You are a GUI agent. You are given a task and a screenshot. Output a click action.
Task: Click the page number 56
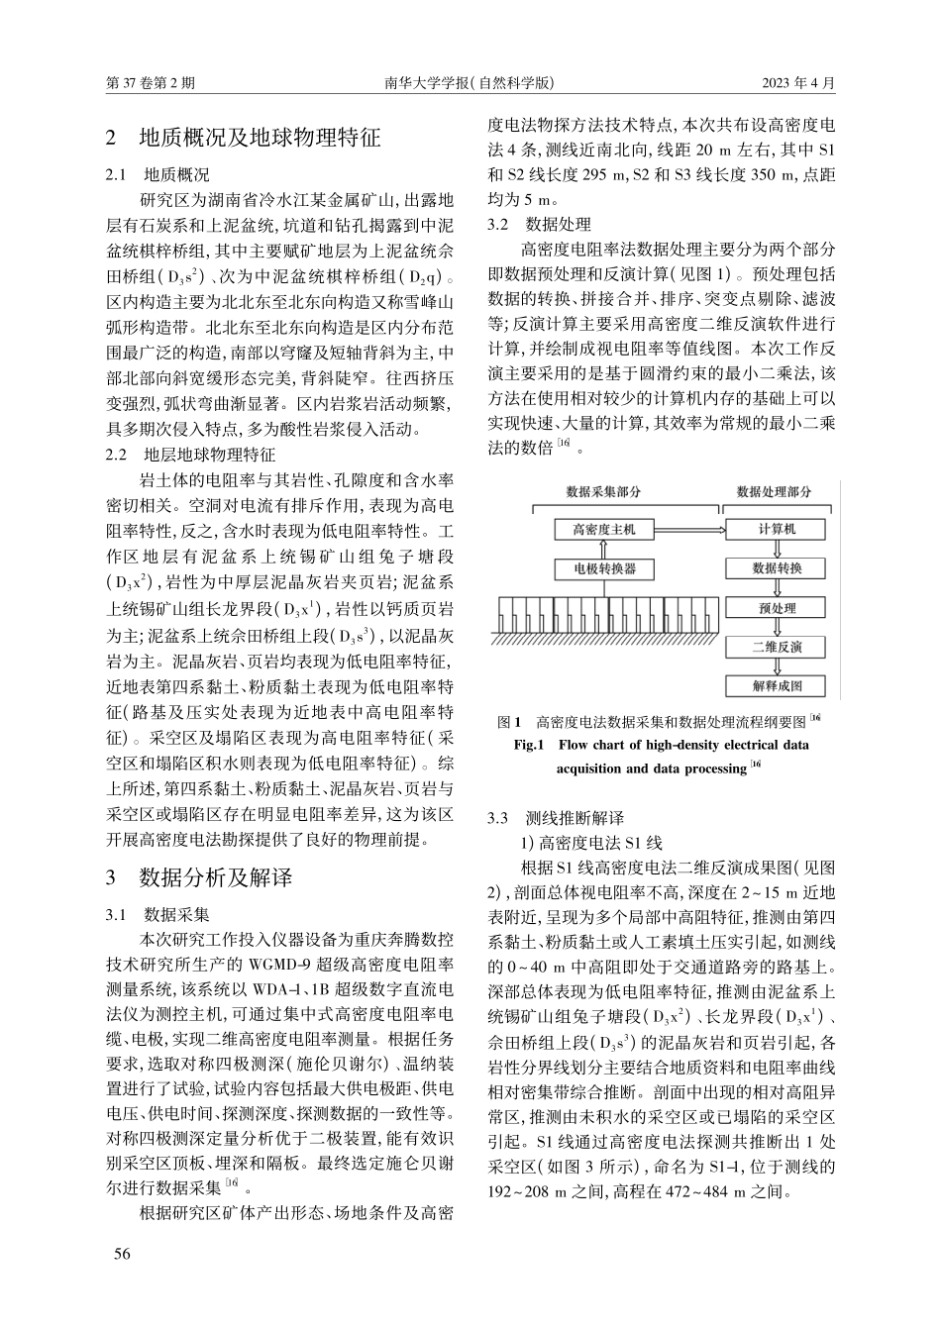pos(122,1254)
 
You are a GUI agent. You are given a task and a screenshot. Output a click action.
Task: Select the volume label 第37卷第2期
pos(150,83)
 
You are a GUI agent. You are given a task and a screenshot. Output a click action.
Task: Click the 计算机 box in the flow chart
pos(777,529)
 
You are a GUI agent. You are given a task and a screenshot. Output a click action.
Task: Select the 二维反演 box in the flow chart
pos(777,647)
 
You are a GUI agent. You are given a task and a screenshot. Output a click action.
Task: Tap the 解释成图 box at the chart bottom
pos(777,685)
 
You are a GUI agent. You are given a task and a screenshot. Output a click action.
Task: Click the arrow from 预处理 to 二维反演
pos(777,628)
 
